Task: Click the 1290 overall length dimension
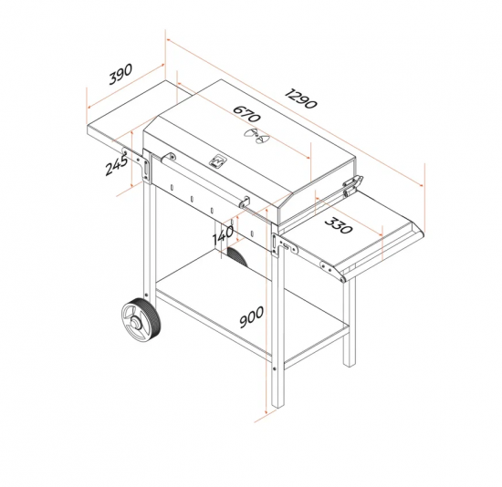[301, 98]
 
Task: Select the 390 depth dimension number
[120, 74]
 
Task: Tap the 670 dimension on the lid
[246, 114]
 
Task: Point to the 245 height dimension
[117, 164]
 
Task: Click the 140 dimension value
[223, 235]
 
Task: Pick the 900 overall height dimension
[252, 317]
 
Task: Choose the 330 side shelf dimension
[339, 225]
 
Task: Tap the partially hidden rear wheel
[237, 256]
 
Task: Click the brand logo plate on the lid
[217, 161]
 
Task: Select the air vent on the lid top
[256, 136]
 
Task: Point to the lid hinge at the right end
[352, 185]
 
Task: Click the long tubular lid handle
[207, 180]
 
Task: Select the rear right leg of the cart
[350, 320]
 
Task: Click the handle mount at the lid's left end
[169, 158]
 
